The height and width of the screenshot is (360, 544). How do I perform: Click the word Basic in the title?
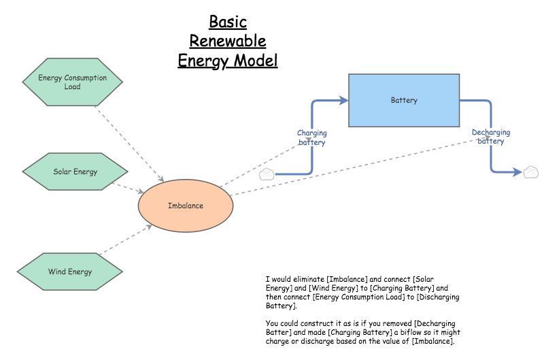point(227,22)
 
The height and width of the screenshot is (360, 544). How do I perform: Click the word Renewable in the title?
point(227,41)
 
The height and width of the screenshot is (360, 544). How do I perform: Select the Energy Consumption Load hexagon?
point(72,82)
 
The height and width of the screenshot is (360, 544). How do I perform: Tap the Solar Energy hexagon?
point(75,171)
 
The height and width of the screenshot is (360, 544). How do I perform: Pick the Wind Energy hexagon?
point(70,272)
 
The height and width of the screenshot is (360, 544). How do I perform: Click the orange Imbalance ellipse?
point(185,206)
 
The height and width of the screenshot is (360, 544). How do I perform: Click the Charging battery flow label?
point(312,137)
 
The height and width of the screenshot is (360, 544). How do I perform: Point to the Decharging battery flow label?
point(491,137)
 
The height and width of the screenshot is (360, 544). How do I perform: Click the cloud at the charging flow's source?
point(267,174)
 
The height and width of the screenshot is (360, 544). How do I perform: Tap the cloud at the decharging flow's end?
point(530,172)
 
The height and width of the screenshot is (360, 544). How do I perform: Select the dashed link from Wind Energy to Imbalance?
point(126,241)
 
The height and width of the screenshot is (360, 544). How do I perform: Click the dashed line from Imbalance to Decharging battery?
point(354,167)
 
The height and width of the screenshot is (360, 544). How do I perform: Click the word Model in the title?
point(256,61)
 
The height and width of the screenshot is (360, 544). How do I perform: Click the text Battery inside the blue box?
point(404,100)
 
